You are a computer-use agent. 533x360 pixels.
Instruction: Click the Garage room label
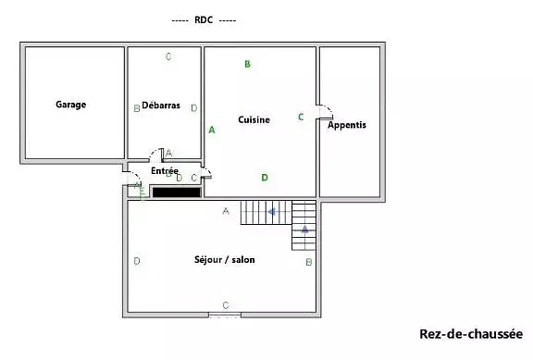pyautogui.click(x=70, y=105)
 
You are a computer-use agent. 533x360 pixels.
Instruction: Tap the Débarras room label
pyautogui.click(x=161, y=106)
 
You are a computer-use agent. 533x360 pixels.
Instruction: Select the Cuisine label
pyautogui.click(x=254, y=119)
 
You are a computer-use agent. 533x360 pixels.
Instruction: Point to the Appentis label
pyautogui.click(x=347, y=125)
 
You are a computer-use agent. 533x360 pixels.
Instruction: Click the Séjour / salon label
pyautogui.click(x=224, y=260)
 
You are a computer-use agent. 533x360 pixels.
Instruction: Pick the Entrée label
pyautogui.click(x=165, y=170)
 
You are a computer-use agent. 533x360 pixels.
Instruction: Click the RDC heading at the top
pyautogui.click(x=204, y=19)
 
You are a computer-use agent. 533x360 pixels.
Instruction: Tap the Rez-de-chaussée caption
pyautogui.click(x=471, y=334)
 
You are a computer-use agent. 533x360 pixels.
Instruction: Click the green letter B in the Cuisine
pyautogui.click(x=247, y=64)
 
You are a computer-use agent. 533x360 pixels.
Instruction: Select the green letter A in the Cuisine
pyautogui.click(x=212, y=130)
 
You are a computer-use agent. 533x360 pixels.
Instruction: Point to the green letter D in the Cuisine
pyautogui.click(x=265, y=178)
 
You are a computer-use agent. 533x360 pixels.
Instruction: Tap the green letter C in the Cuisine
pyautogui.click(x=301, y=117)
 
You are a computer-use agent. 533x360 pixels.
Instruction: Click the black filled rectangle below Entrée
pyautogui.click(x=177, y=192)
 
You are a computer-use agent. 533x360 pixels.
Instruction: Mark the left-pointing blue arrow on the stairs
pyautogui.click(x=272, y=212)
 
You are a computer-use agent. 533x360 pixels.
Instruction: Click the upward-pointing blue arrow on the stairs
pyautogui.click(x=304, y=230)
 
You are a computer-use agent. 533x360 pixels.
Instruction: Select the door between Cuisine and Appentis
pyautogui.click(x=325, y=112)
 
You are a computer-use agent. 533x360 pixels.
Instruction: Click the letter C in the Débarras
pyautogui.click(x=168, y=56)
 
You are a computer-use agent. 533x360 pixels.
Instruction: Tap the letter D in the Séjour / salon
pyautogui.click(x=137, y=261)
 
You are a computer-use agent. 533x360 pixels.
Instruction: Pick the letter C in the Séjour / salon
pyautogui.click(x=226, y=305)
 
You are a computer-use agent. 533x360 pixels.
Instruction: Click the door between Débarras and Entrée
pyautogui.click(x=156, y=155)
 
